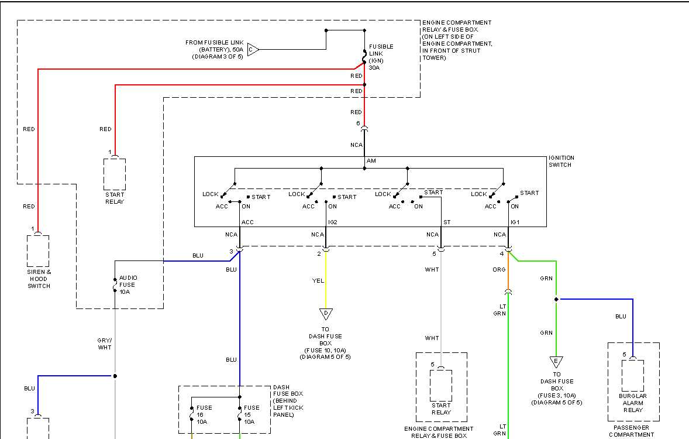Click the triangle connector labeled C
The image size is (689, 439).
(253, 50)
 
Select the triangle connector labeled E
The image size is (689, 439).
(556, 362)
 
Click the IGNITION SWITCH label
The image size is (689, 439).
(561, 162)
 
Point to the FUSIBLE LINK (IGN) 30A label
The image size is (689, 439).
(381, 57)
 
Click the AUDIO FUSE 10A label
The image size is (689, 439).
(127, 285)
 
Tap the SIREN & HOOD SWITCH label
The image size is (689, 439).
(39, 279)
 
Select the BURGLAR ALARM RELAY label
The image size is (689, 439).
(632, 403)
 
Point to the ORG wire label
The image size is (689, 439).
(499, 270)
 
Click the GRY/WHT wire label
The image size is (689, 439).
(105, 344)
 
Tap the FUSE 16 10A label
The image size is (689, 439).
(204, 414)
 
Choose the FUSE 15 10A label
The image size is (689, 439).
(252, 414)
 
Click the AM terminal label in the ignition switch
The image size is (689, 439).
(371, 161)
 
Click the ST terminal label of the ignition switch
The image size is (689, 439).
(447, 222)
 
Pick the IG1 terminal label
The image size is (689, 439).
(515, 222)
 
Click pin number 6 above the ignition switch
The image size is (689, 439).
(358, 123)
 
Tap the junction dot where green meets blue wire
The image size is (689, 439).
(556, 299)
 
